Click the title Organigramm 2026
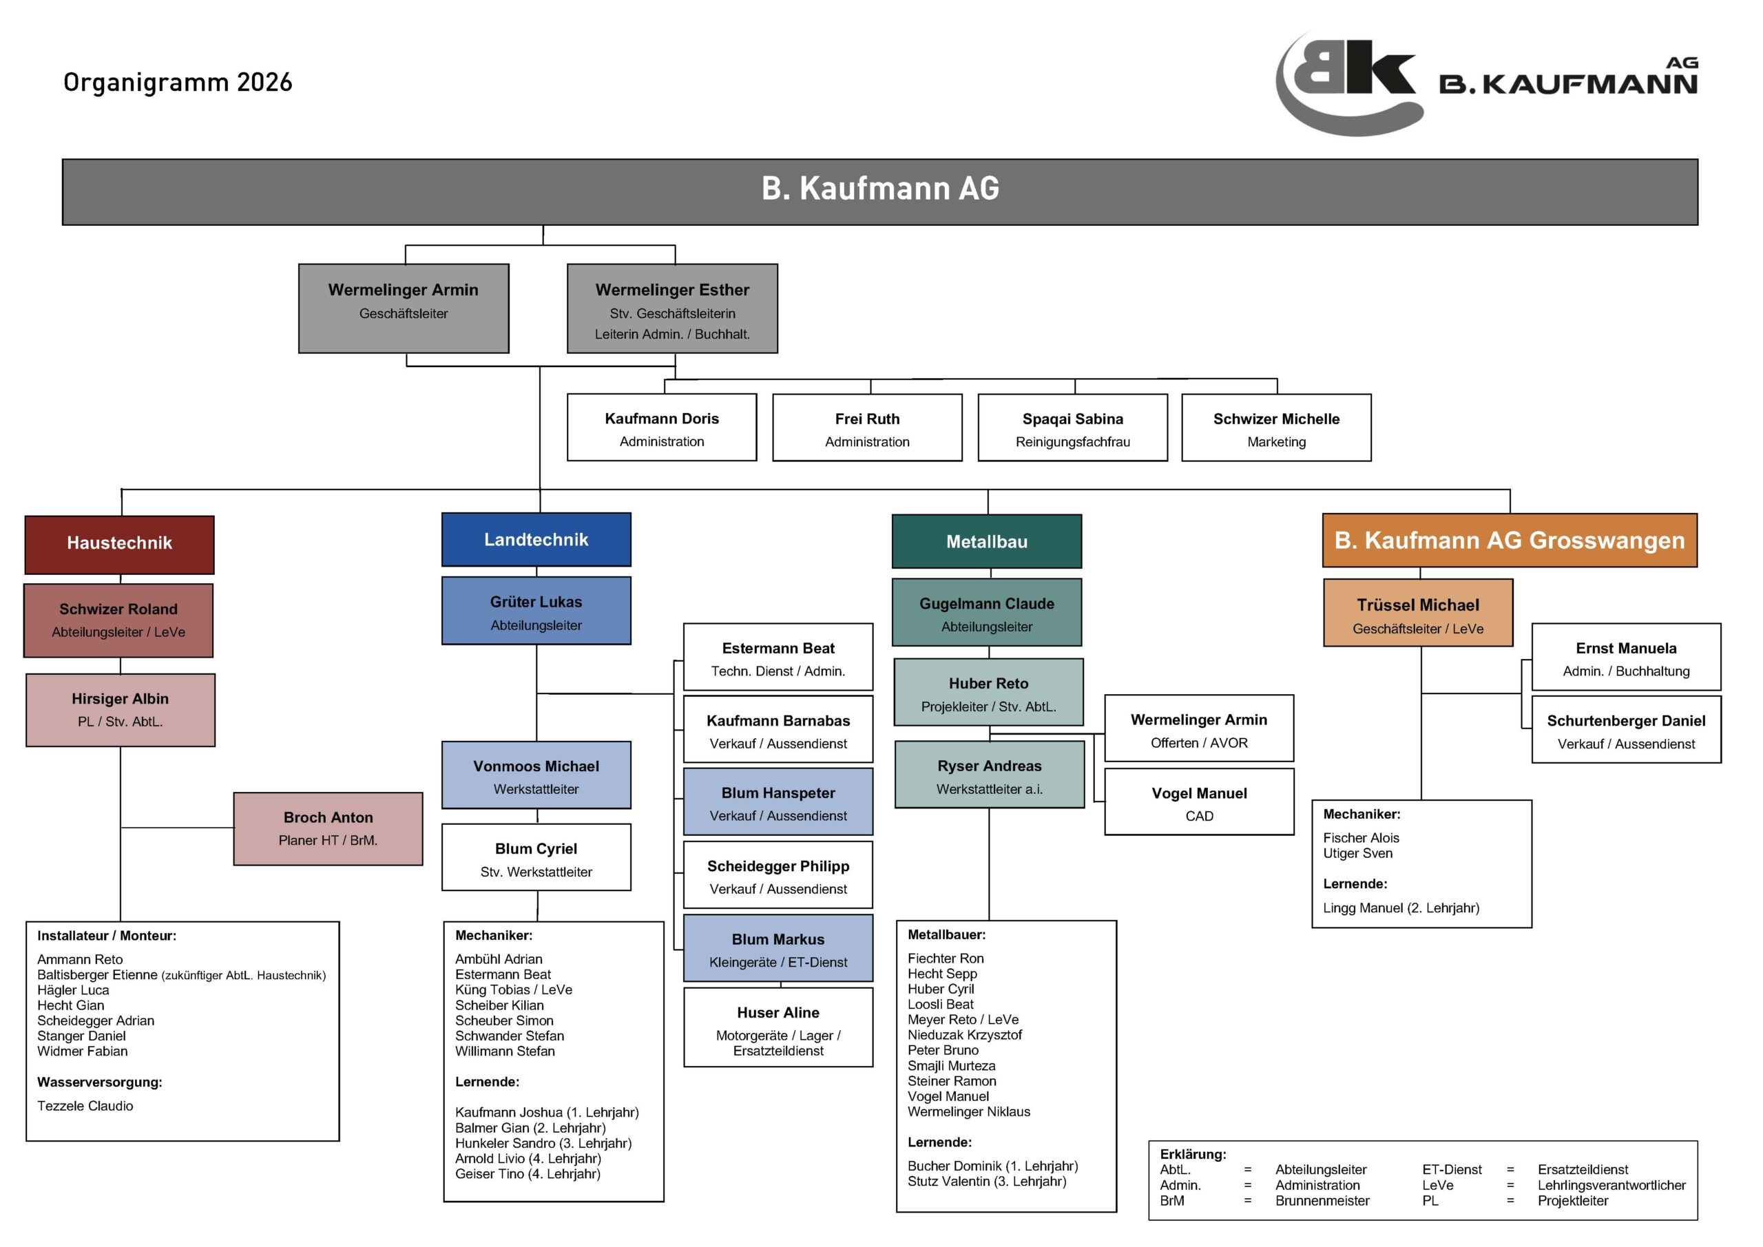[178, 82]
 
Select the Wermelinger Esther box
[672, 308]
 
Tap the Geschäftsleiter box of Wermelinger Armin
[403, 308]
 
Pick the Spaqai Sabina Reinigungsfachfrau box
[1073, 428]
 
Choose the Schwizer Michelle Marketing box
[1276, 428]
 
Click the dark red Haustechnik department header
[119, 545]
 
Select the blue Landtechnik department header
[536, 540]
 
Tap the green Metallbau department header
[987, 541]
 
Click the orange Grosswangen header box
[1510, 541]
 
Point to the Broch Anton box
[328, 829]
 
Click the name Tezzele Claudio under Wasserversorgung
[85, 1106]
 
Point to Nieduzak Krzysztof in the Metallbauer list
[964, 1035]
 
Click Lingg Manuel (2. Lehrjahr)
[1401, 908]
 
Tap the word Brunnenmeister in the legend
[1322, 1201]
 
